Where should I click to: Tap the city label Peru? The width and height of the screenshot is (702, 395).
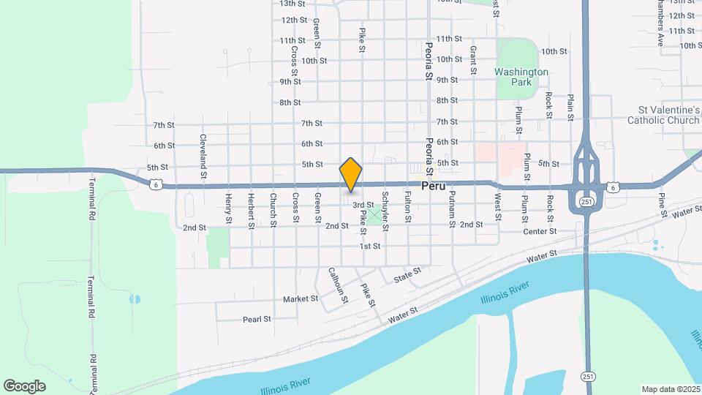[x=434, y=187]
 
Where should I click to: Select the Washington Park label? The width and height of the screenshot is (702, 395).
[x=521, y=78]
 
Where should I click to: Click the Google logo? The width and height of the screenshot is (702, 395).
[x=24, y=385]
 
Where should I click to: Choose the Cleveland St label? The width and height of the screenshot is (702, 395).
[x=205, y=148]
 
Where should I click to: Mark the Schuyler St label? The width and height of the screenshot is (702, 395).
[x=385, y=207]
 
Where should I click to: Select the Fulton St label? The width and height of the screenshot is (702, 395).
[x=408, y=207]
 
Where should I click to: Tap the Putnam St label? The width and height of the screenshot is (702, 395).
[x=453, y=207]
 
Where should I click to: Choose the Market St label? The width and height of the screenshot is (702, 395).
[x=301, y=298]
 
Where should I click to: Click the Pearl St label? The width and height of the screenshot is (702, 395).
[x=257, y=319]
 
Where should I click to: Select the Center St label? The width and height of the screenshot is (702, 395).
[x=540, y=231]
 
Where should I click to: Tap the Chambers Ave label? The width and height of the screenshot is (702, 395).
[x=659, y=23]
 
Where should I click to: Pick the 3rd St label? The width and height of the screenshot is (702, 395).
[x=363, y=206]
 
